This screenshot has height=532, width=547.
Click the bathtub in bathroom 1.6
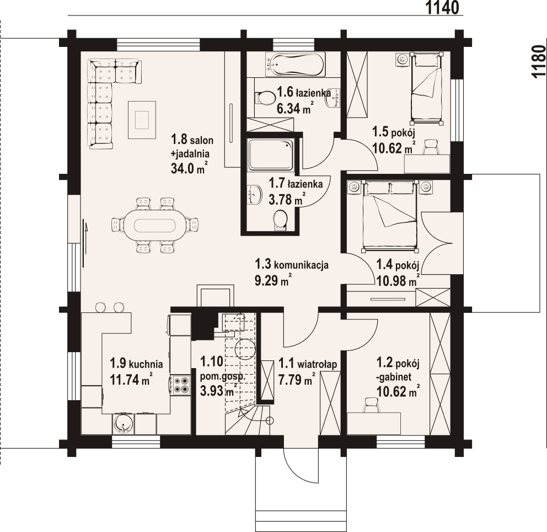click(295, 64)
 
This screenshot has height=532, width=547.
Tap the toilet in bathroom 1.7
click(281, 220)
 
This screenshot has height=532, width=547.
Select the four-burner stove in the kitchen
click(181, 385)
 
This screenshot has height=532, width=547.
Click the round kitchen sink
click(123, 423)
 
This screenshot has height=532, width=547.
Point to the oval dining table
click(155, 225)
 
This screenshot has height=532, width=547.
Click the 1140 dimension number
click(442, 8)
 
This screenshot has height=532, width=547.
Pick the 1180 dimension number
click(538, 61)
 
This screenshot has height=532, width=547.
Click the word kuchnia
click(146, 364)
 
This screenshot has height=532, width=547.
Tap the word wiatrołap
click(317, 364)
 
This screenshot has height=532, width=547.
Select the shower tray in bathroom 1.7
click(270, 155)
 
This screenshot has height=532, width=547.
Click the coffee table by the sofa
click(142, 119)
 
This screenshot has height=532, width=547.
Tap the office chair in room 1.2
click(372, 405)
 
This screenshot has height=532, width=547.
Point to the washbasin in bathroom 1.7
click(255, 194)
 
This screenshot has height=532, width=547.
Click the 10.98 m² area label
click(398, 280)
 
